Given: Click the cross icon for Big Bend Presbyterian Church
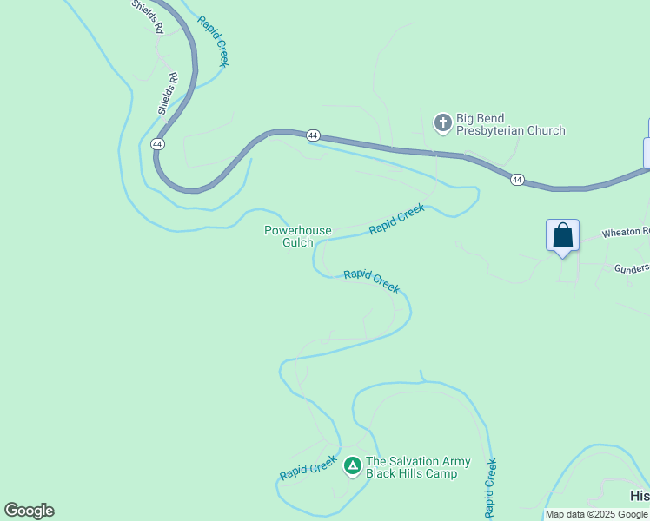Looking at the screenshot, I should point(442,123).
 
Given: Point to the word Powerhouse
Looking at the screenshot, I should point(298,230).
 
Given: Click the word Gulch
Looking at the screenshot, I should point(298,242).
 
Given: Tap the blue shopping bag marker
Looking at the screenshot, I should point(562,235).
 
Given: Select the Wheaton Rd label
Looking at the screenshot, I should point(626,232).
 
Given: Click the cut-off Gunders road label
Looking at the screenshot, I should point(632,268).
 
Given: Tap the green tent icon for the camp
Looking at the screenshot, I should point(353,466).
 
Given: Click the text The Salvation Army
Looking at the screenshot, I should point(418,462).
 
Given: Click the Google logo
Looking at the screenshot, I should point(29,511).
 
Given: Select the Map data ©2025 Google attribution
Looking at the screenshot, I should point(596,514).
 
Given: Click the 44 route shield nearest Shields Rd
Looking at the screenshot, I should point(157,143).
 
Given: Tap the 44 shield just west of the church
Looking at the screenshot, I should point(313,135).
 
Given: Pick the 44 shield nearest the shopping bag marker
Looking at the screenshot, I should point(517,180).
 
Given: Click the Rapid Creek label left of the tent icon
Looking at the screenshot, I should point(308,469).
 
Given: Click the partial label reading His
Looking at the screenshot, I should point(640,495).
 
